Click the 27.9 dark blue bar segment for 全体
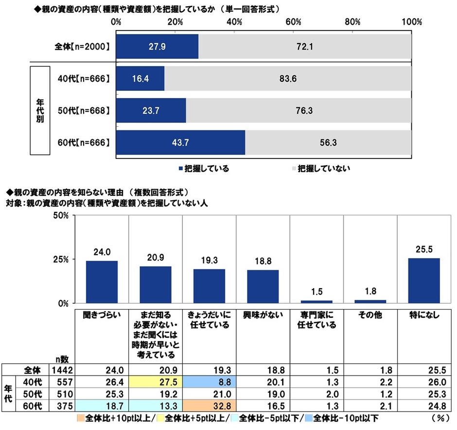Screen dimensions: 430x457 tap(157, 47)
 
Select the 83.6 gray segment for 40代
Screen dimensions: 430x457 tap(288, 78)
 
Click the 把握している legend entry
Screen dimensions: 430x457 tap(204, 169)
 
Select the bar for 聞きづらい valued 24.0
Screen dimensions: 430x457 tap(102, 282)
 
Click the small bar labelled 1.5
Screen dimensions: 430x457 tap(316, 301)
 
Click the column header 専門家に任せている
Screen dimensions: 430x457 tap(316, 320)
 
